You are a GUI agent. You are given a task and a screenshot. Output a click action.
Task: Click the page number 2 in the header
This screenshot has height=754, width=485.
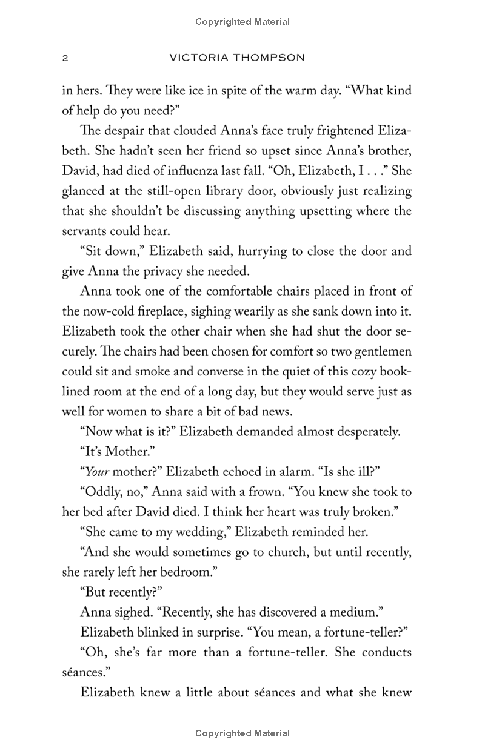[x=65, y=58]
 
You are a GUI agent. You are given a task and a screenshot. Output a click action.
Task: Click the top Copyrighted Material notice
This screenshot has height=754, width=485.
[x=242, y=22]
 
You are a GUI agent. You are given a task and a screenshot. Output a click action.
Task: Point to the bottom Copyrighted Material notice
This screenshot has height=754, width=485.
[x=242, y=733]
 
